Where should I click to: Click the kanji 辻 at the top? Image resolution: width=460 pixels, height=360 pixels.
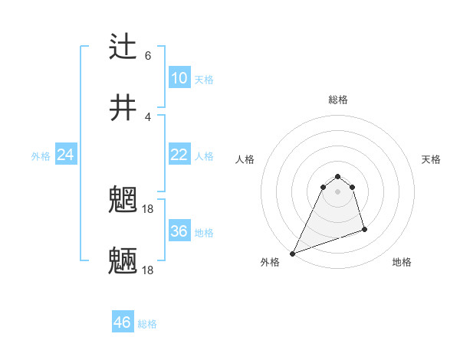[x=123, y=47]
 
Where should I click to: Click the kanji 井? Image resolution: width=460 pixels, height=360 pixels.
[x=123, y=108]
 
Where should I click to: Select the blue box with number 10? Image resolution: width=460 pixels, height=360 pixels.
[x=179, y=78]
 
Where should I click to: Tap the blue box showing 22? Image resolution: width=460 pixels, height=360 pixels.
[x=179, y=155]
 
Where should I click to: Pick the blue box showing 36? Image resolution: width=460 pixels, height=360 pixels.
[x=179, y=231]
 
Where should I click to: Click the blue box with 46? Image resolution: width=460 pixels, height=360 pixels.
[x=123, y=322]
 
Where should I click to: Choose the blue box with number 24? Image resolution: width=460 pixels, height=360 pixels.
[x=65, y=155]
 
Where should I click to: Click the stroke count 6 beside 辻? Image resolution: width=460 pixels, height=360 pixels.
[x=148, y=55]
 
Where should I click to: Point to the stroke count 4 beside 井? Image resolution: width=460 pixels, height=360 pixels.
[x=148, y=116]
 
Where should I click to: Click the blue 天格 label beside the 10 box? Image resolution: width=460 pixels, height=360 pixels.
[x=204, y=80]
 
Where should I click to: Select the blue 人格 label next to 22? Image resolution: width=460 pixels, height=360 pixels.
[x=204, y=156]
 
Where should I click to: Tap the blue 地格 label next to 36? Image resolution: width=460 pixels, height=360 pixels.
[x=204, y=233]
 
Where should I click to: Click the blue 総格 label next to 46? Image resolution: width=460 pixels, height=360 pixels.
[x=147, y=324]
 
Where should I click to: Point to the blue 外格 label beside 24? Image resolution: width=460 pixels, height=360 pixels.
[x=41, y=156]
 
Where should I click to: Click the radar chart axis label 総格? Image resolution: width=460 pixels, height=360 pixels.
[x=338, y=100]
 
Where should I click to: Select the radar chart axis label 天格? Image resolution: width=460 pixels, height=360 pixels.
[x=432, y=159]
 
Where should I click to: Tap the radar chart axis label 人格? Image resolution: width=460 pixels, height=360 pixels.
[x=245, y=159]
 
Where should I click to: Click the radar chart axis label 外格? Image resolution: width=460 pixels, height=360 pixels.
[x=270, y=262]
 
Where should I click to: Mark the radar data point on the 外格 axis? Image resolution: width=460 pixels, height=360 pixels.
[x=292, y=254]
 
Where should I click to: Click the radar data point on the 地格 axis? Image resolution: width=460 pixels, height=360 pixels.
[x=364, y=229]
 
